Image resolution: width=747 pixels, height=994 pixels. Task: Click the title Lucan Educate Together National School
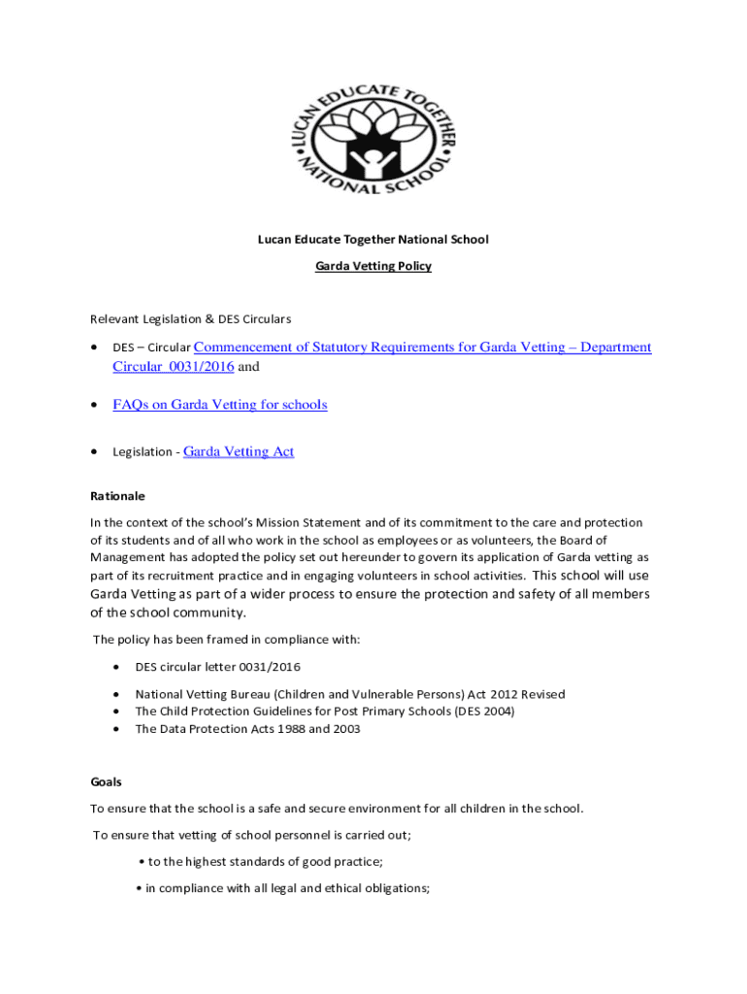pyautogui.click(x=373, y=240)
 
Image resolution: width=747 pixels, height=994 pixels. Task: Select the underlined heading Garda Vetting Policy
pyautogui.click(x=373, y=266)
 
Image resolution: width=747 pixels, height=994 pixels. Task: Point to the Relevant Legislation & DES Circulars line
pyautogui.click(x=190, y=318)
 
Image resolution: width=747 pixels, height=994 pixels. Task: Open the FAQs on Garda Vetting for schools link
pyautogui.click(x=219, y=405)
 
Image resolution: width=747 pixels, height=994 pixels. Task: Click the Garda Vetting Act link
pyautogui.click(x=239, y=451)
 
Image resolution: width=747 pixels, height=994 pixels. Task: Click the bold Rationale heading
pyautogui.click(x=117, y=496)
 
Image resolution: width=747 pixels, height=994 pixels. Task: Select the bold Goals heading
pyautogui.click(x=106, y=781)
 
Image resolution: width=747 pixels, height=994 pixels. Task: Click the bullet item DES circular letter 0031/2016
pyautogui.click(x=217, y=667)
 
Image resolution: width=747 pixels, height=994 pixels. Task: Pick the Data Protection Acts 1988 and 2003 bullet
pyautogui.click(x=247, y=729)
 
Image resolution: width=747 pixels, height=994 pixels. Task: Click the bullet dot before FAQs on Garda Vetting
pyautogui.click(x=94, y=405)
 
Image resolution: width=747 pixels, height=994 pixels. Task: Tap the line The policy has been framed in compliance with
pyautogui.click(x=226, y=639)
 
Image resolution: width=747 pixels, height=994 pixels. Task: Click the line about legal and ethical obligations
pyautogui.click(x=283, y=887)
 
